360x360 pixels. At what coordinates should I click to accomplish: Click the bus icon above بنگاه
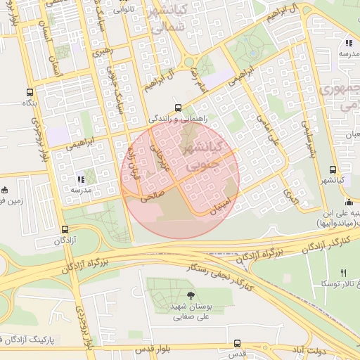pos(30,92)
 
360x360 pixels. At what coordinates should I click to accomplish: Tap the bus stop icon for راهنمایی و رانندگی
pos(178,109)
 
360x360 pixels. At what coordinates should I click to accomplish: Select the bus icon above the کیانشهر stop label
pos(333,169)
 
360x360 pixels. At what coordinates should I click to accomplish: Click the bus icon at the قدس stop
pos(236,343)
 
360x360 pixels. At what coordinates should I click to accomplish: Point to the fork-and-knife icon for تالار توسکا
pos(343,272)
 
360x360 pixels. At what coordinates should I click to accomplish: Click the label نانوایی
pos(123,10)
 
